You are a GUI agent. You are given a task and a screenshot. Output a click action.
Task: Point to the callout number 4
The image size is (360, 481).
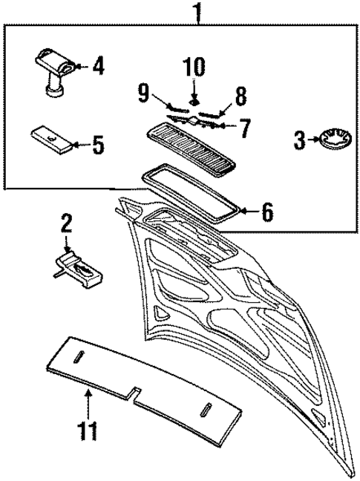point(98,67)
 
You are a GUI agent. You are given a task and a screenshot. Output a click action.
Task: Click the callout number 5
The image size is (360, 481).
point(98,145)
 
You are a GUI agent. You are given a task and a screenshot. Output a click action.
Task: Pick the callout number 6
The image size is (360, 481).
point(266,212)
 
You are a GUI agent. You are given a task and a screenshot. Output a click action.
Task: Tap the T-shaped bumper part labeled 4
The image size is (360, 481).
point(52,71)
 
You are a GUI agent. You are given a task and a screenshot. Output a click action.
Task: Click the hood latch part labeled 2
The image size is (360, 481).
point(78,266)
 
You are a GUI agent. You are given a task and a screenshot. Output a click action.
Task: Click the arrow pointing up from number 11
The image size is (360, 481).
point(88,405)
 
